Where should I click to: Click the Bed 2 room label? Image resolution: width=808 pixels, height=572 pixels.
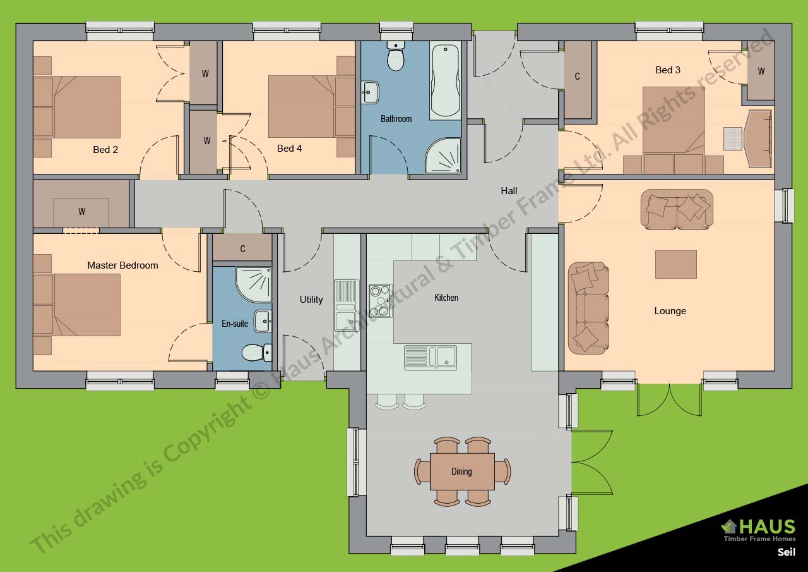click(x=105, y=150)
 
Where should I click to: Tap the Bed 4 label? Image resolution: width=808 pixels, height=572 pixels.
click(x=289, y=149)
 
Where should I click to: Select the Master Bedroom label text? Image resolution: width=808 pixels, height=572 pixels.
click(x=122, y=265)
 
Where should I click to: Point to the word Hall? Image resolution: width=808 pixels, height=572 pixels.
click(x=509, y=191)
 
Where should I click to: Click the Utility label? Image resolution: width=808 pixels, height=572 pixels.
click(x=311, y=300)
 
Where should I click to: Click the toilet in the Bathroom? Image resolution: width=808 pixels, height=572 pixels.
click(x=396, y=56)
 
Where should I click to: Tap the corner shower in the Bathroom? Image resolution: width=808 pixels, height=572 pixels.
click(x=444, y=156)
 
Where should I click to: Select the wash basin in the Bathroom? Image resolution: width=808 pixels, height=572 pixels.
click(x=370, y=92)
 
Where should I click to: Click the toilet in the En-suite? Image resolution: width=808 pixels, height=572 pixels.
click(x=256, y=353)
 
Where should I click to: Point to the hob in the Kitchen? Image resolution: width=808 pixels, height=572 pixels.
click(x=381, y=301)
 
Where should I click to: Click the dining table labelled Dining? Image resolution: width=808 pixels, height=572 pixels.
click(x=462, y=472)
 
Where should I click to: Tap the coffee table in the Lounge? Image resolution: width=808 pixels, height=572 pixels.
click(x=675, y=264)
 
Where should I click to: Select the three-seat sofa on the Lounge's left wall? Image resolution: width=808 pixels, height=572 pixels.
click(x=588, y=308)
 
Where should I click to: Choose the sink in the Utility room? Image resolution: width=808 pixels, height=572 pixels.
click(x=347, y=305)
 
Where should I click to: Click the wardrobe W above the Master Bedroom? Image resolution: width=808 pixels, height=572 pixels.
click(x=81, y=212)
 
